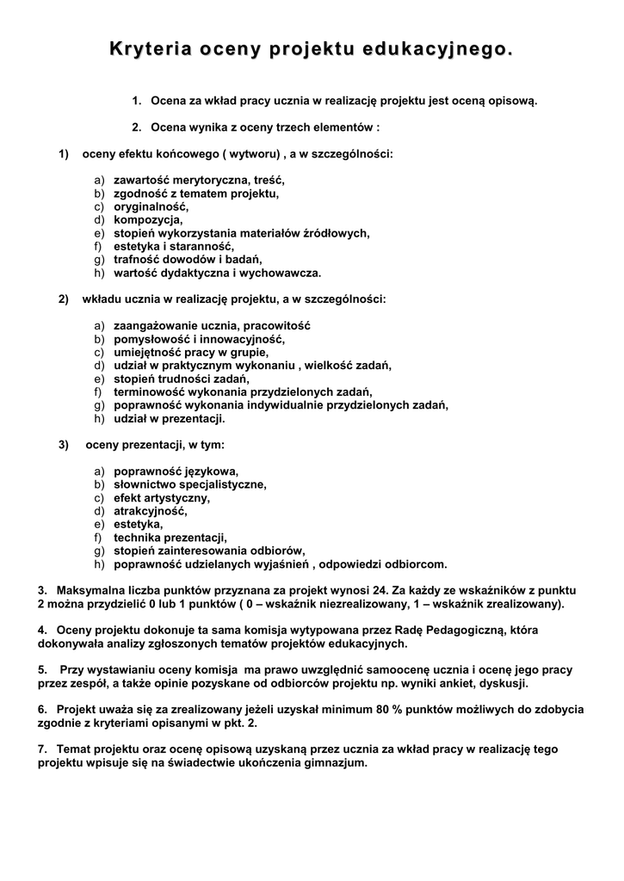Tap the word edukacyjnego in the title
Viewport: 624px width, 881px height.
(x=445, y=51)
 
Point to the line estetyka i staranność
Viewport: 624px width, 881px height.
(x=174, y=246)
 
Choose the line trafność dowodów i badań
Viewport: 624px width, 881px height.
(x=188, y=259)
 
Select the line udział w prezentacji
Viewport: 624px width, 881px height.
(x=169, y=418)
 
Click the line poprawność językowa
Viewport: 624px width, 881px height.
(x=176, y=471)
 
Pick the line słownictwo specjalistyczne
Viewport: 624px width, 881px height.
(x=190, y=484)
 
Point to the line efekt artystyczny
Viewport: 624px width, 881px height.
(x=162, y=498)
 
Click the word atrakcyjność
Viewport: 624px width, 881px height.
(x=150, y=511)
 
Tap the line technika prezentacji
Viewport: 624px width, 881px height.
(x=170, y=538)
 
